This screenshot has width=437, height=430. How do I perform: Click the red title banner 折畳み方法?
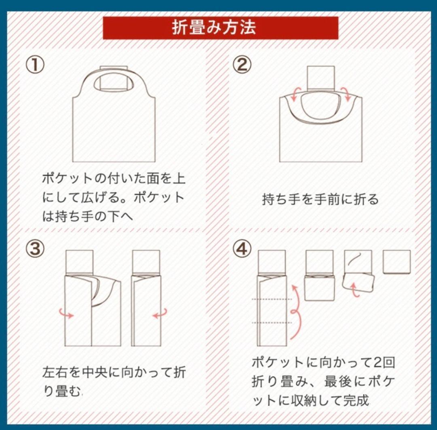221,28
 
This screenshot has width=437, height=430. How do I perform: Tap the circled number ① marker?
35,65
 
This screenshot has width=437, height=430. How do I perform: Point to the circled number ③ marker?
35,248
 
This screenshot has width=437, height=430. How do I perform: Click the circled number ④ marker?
242,248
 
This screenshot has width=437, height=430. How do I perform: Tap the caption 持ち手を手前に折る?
320,199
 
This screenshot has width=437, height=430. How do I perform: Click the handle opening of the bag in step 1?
114,82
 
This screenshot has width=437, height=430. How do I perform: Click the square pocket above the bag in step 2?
320,78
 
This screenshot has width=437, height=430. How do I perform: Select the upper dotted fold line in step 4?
272,299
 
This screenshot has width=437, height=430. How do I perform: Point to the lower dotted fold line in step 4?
272,322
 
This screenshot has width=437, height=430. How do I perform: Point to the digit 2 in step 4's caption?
378,363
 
